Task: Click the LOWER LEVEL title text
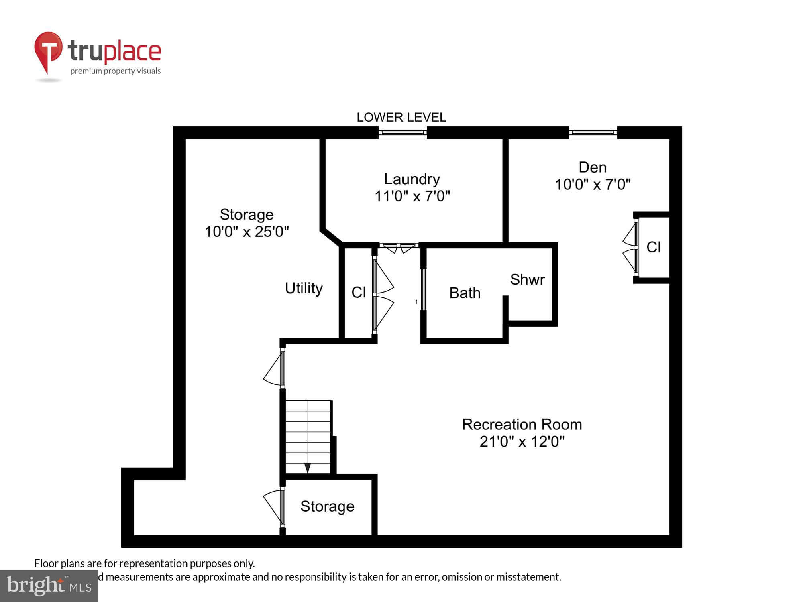point(401,117)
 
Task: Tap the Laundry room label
point(412,179)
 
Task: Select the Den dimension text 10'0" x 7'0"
point(593,185)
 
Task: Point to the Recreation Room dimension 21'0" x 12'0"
point(522,442)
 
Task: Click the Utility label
point(304,288)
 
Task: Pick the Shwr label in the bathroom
point(527,279)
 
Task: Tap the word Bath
point(465,293)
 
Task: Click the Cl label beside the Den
point(653,247)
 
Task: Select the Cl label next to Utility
point(358,292)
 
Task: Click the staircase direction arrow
point(308,468)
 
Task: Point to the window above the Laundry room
point(402,132)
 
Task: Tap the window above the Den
point(593,132)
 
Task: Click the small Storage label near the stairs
point(327,506)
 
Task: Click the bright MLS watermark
point(49,586)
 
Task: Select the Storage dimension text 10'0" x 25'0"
point(247,232)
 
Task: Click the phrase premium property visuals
point(116,71)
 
